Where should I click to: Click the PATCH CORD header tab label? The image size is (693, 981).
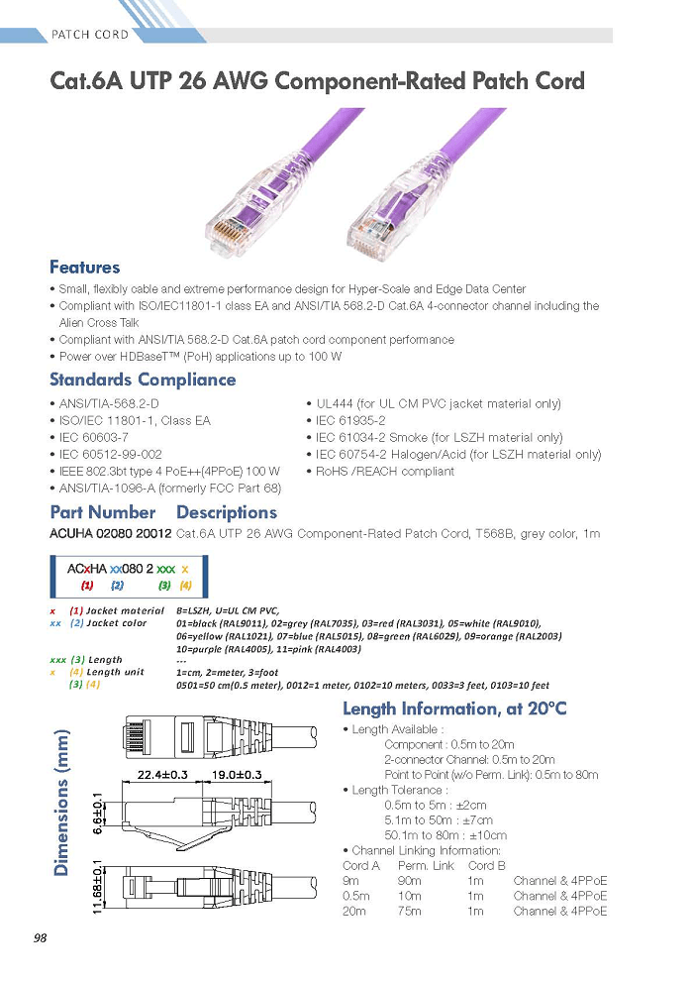(90, 35)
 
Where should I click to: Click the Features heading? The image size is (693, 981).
(84, 268)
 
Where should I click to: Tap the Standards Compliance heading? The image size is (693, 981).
(143, 380)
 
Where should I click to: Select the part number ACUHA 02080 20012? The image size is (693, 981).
(111, 534)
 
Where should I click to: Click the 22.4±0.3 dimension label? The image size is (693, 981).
(162, 775)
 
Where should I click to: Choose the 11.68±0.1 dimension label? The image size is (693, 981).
(97, 886)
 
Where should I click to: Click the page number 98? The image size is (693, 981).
(40, 937)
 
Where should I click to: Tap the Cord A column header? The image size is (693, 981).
(361, 866)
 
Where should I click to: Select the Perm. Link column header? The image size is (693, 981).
(426, 866)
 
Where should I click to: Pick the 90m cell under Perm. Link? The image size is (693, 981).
(409, 881)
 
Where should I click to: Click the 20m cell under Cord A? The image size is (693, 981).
(354, 912)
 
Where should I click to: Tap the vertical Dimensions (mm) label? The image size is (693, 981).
(61, 804)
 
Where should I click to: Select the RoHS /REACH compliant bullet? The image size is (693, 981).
(380, 471)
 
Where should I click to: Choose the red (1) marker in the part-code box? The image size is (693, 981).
(87, 586)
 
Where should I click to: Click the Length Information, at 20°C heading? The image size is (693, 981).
(454, 708)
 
